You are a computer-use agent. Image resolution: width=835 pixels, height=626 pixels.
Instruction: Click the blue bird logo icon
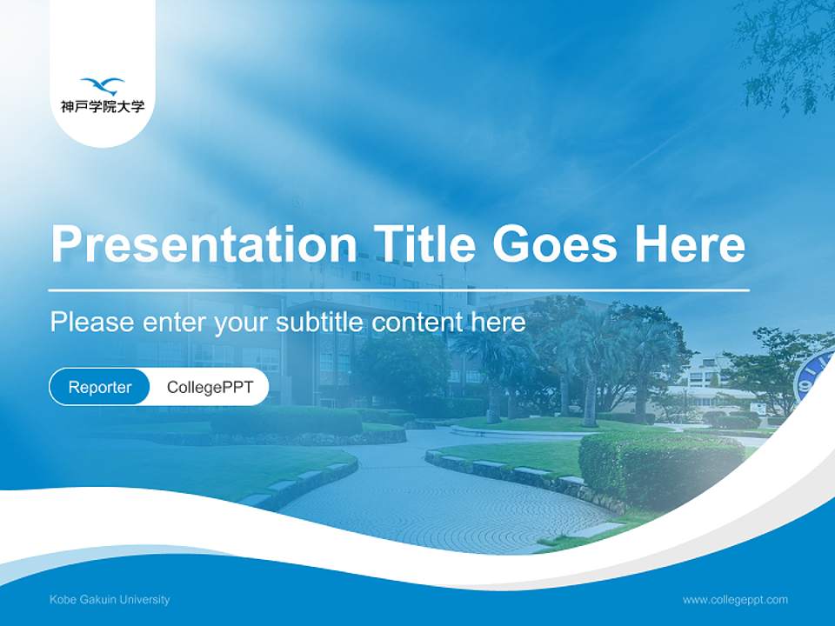point(103,85)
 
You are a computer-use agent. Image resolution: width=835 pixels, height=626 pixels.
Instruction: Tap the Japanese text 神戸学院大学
point(103,108)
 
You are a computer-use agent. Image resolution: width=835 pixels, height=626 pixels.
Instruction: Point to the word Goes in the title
point(558,243)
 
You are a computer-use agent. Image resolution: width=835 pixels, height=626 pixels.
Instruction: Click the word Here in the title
point(690,243)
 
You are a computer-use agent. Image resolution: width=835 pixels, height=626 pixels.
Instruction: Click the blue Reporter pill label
point(100,388)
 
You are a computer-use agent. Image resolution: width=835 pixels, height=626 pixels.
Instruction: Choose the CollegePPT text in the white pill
point(210,388)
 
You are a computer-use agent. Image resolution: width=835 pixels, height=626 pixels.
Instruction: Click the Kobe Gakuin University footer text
point(110,600)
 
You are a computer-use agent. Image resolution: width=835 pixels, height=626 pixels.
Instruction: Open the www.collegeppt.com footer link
point(735,600)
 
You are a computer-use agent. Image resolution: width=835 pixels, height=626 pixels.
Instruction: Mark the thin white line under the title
point(398,290)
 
